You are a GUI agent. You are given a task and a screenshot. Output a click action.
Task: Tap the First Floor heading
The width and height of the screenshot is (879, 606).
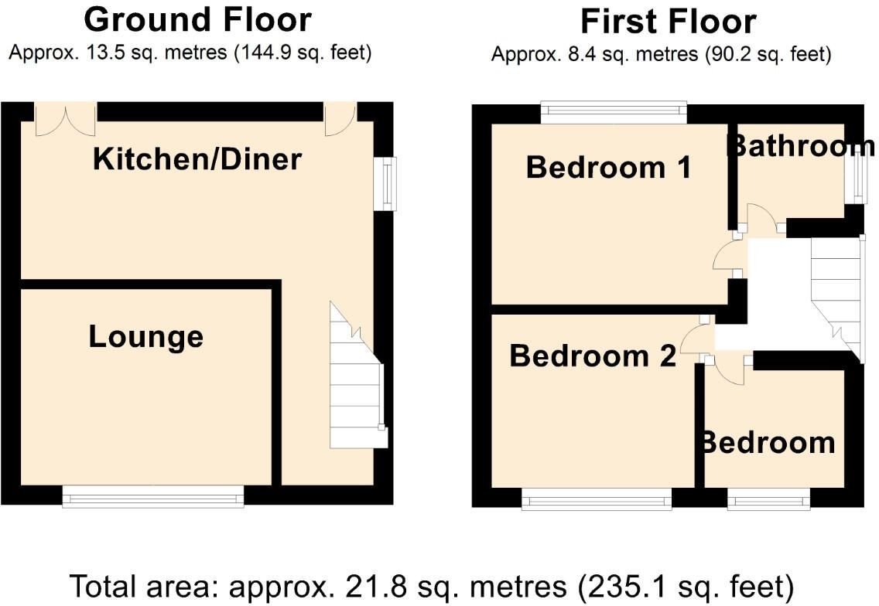pyautogui.click(x=668, y=22)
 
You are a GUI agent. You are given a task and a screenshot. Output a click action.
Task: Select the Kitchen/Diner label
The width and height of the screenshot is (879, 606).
pyautogui.click(x=197, y=160)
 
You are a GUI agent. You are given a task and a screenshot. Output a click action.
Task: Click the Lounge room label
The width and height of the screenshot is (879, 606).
pyautogui.click(x=145, y=337)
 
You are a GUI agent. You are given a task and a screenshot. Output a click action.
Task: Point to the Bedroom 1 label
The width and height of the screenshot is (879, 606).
pyautogui.click(x=608, y=167)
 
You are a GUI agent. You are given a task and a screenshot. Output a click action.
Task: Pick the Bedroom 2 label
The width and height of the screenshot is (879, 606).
pyautogui.click(x=593, y=356)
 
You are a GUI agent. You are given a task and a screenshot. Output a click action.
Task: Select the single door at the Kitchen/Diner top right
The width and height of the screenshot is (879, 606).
pyautogui.click(x=340, y=118)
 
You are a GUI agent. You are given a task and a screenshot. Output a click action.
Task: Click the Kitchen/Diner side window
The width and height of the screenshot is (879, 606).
pyautogui.click(x=385, y=183)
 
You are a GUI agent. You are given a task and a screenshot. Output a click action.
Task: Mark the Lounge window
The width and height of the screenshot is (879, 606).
pyautogui.click(x=152, y=496)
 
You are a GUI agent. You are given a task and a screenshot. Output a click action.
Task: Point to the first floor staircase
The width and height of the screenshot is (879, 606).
pyautogui.click(x=836, y=294)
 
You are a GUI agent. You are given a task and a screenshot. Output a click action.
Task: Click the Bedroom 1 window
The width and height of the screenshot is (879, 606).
pyautogui.click(x=613, y=114)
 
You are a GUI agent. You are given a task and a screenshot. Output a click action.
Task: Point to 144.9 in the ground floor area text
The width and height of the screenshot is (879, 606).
pyautogui.click(x=261, y=53)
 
